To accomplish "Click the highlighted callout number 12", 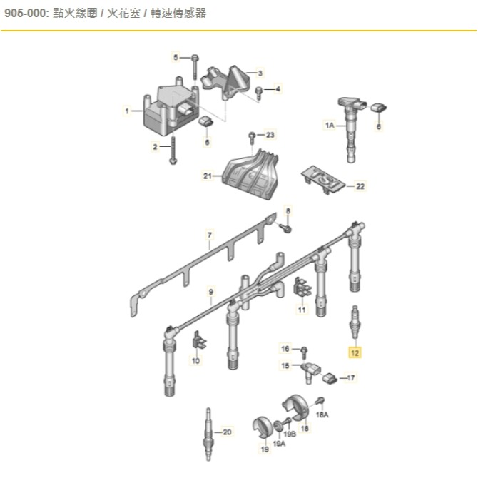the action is (x=355, y=352).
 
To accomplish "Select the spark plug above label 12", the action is (x=355, y=322).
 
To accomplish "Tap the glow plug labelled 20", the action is (x=208, y=434).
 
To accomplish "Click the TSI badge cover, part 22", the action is (x=323, y=180).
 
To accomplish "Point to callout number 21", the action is (x=208, y=176).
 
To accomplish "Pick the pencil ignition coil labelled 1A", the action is (x=351, y=130).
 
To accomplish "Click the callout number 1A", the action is (x=330, y=126).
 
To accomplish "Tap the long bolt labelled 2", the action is (x=173, y=151).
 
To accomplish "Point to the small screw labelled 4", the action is (x=259, y=93).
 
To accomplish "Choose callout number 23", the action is (x=270, y=135).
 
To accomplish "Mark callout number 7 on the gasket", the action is (x=210, y=235).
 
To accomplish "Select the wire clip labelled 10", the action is (x=199, y=340).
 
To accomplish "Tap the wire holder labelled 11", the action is (x=302, y=288).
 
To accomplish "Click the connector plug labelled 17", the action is (x=329, y=378).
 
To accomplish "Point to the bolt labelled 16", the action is (x=304, y=352).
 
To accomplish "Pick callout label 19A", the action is (x=279, y=444).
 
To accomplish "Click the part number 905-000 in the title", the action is (x=26, y=14).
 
